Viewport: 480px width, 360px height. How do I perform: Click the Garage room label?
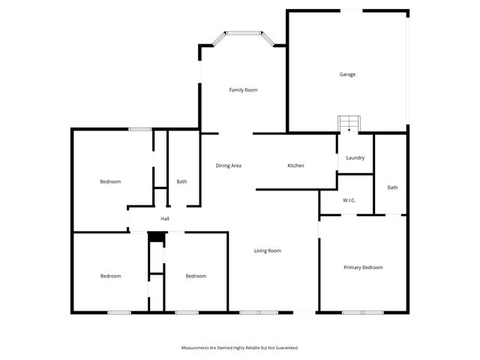pyautogui.click(x=347, y=74)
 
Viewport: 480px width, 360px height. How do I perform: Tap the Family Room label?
pyautogui.click(x=243, y=90)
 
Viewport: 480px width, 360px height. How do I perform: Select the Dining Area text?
pyautogui.click(x=228, y=165)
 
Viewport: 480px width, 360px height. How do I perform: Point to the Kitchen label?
pyautogui.click(x=295, y=165)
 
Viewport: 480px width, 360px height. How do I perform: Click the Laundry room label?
pyautogui.click(x=355, y=157)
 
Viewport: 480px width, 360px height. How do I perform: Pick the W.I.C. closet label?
pyautogui.click(x=349, y=200)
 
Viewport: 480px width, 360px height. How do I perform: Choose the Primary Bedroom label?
pyautogui.click(x=363, y=268)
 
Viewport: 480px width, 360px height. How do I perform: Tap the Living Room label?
pyautogui.click(x=267, y=250)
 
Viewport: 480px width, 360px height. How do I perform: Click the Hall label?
pyautogui.click(x=164, y=219)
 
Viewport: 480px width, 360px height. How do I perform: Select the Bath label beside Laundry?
pyautogui.click(x=392, y=187)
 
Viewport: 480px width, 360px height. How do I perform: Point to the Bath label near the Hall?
pyautogui.click(x=181, y=181)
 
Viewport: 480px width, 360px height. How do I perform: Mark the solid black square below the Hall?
pyautogui.click(x=155, y=237)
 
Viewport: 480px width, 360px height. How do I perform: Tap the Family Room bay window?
pyautogui.click(x=243, y=33)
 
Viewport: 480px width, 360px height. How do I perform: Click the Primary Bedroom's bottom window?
pyautogui.click(x=363, y=312)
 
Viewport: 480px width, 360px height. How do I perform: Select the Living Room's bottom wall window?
pyautogui.click(x=259, y=312)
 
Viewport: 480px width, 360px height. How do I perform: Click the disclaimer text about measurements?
pyautogui.click(x=240, y=348)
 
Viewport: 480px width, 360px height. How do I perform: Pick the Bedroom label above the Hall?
pyautogui.click(x=110, y=181)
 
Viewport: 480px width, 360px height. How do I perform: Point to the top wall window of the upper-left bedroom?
pyautogui.click(x=140, y=129)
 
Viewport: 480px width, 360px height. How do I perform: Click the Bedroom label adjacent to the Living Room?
pyautogui.click(x=196, y=276)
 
